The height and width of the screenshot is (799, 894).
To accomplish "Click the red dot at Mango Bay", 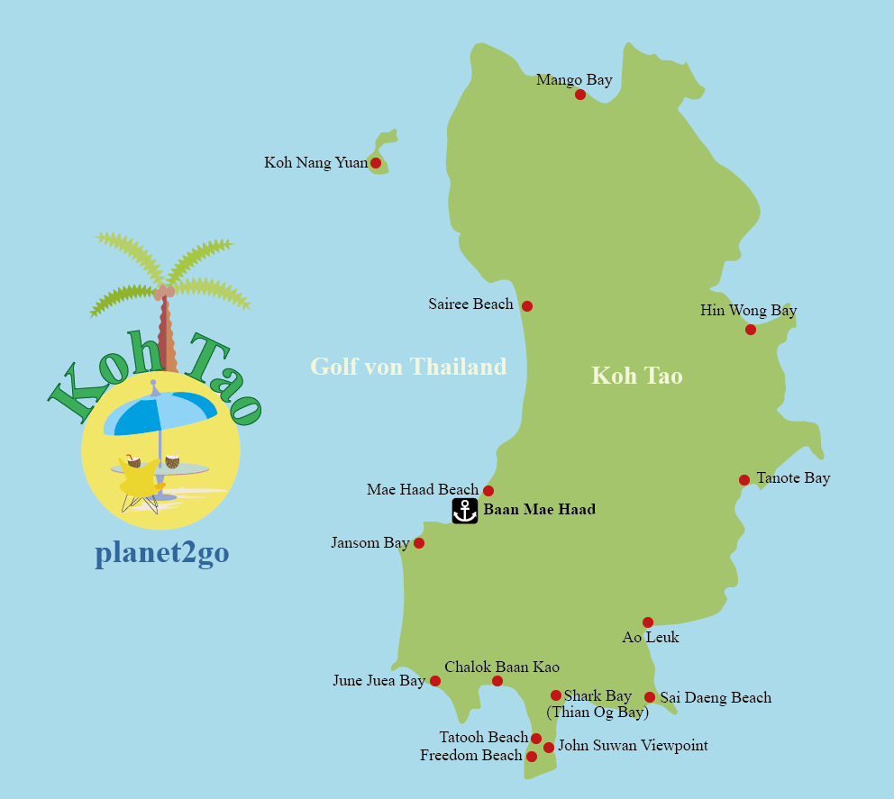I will point(580,95).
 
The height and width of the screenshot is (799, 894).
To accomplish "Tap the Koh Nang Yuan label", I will point(315,163).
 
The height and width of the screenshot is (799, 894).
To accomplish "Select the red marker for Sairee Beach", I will point(527,306).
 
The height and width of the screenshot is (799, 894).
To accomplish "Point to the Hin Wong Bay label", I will point(748,311).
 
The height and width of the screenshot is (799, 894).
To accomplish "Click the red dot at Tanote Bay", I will point(744,480).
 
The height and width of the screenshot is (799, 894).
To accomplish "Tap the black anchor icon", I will point(464,511).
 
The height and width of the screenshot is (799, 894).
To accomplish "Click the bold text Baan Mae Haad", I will point(539,510).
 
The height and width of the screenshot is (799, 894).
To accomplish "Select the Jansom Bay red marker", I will point(419,543).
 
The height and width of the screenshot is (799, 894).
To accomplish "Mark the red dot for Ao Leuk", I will point(648,622).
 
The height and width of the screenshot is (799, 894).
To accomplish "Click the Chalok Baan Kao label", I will point(502,667).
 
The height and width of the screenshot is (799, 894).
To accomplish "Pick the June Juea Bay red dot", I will point(435,681).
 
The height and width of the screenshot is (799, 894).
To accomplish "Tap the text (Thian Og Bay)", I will point(598,713).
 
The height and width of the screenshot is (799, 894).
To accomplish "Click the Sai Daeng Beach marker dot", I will point(650,697).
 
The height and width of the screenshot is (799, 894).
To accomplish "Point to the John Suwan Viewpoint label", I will point(633,746).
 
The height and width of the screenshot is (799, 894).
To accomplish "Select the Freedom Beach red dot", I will point(532,757).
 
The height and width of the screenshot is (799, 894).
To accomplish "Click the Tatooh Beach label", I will point(483,738).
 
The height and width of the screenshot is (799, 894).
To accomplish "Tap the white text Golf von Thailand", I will point(408,367).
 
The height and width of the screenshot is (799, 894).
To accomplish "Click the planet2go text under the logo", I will point(161,554).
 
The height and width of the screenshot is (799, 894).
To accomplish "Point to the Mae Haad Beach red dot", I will point(488,491).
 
